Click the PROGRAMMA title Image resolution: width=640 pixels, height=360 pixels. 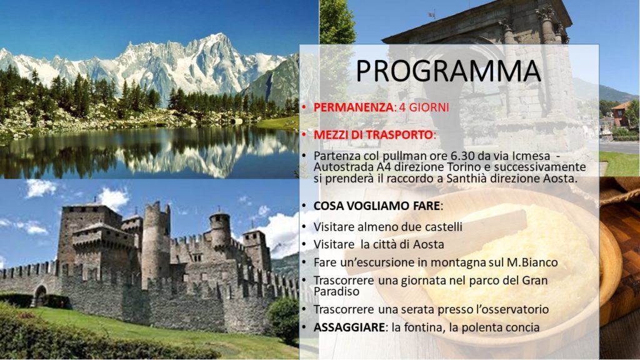point(449,71)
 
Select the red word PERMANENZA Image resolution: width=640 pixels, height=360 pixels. point(354,107)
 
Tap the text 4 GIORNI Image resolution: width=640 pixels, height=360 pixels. point(423,107)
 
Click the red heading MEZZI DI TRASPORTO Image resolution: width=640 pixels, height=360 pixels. point(373,135)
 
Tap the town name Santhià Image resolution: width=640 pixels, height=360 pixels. point(466,178)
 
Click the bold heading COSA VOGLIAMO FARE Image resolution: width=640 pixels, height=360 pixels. point(376,206)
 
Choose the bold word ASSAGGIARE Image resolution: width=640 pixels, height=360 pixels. point(349,327)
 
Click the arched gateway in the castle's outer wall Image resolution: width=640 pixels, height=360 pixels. point(40,295)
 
